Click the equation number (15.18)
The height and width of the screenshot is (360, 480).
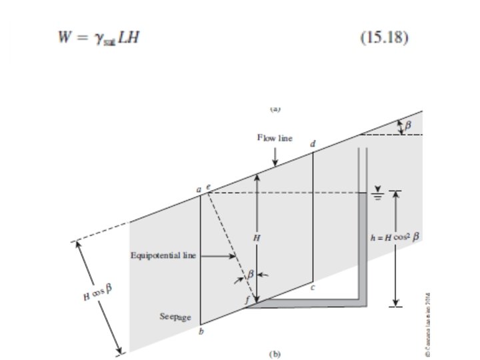click(383, 36)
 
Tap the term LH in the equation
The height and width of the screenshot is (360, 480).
click(131, 36)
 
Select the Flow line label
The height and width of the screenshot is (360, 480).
click(275, 138)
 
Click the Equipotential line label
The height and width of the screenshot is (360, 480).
click(163, 255)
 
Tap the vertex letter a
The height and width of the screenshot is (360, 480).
click(198, 190)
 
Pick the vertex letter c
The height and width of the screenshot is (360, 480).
click(312, 287)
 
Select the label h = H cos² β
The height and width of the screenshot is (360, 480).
click(397, 237)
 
